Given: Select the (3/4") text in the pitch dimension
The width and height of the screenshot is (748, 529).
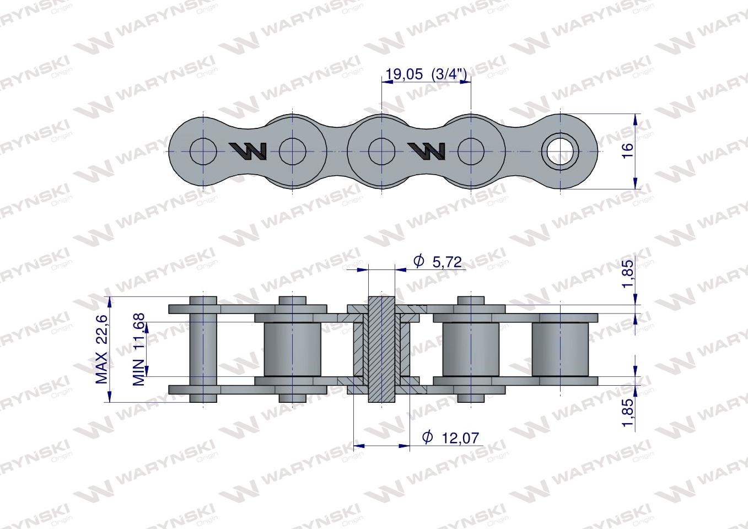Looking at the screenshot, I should click(x=450, y=74).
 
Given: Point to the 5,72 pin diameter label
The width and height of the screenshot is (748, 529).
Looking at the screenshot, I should click(x=446, y=262).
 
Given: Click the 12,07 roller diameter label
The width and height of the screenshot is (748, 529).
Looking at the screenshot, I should click(x=460, y=438).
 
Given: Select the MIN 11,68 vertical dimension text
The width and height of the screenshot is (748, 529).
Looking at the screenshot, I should click(x=139, y=349).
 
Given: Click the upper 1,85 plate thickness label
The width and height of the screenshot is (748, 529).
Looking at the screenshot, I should click(x=627, y=275).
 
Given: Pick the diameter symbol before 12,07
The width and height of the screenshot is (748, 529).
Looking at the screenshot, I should click(x=427, y=438).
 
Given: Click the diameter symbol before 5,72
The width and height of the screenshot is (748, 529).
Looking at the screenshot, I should click(x=418, y=261).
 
